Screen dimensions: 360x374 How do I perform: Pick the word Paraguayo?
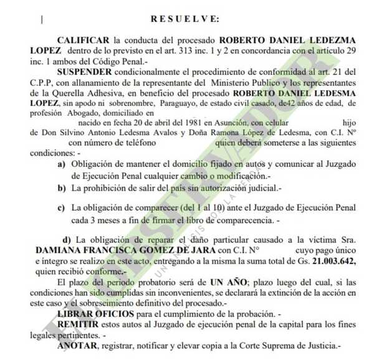pos(180,103)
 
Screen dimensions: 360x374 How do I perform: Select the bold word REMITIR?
pos(77,328)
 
